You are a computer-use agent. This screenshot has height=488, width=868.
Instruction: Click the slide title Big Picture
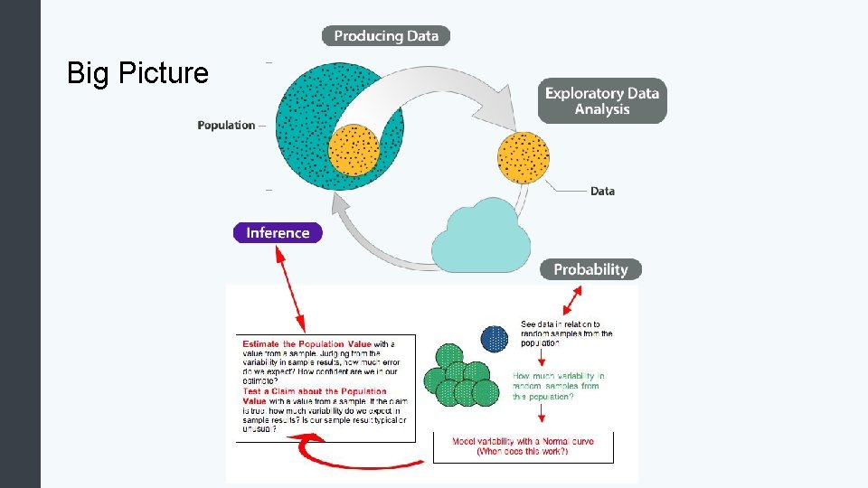tap(137, 73)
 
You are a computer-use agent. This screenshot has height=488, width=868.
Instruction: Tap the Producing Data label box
tap(386, 36)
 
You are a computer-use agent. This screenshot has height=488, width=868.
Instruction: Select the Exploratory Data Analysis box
tap(602, 101)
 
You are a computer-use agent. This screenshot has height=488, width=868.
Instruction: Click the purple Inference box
tap(278, 232)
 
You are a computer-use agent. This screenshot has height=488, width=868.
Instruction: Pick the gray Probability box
tap(590, 269)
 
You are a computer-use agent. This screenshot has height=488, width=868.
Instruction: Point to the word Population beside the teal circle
tap(226, 126)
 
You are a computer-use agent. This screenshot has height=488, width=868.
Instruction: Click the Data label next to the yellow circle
tap(602, 192)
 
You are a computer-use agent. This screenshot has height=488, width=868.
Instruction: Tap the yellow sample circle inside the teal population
tap(354, 149)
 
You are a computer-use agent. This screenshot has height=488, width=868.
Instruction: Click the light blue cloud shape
tap(481, 237)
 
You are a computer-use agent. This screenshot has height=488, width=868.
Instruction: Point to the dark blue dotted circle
tap(495, 339)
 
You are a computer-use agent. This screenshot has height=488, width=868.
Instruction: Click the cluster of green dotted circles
tap(461, 376)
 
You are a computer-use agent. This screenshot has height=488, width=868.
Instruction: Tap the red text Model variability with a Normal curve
tap(523, 441)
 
